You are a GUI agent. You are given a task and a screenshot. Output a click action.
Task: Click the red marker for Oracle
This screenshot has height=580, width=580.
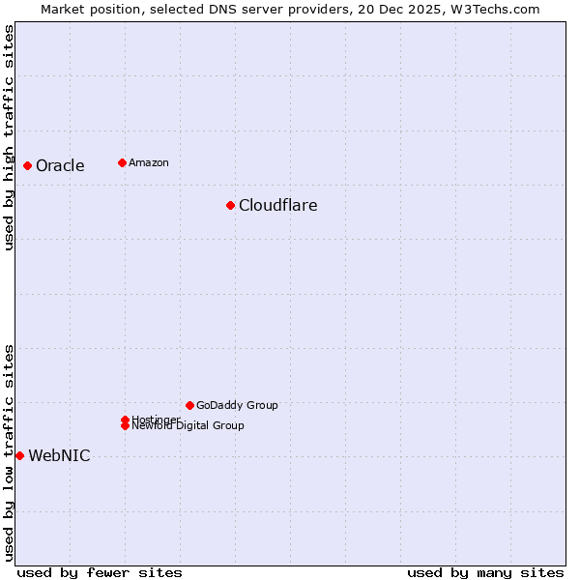(x=27, y=165)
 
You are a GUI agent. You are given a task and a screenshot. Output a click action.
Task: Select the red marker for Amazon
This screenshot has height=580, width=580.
(x=122, y=162)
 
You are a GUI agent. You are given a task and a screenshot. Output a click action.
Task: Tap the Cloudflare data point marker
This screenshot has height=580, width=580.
(x=230, y=205)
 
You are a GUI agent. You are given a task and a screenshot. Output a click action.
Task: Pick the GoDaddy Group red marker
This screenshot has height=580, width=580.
(x=189, y=405)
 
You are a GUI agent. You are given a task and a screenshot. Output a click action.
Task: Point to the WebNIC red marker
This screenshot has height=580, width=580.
(x=19, y=455)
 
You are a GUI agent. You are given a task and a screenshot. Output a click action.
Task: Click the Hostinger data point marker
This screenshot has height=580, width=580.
(x=126, y=420)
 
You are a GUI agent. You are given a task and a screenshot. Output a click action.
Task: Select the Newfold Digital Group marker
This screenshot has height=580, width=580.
(x=126, y=425)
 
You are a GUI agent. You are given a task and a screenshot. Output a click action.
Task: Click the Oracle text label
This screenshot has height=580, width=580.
(x=60, y=166)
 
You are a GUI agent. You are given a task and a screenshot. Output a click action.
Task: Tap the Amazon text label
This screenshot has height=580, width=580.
(x=148, y=162)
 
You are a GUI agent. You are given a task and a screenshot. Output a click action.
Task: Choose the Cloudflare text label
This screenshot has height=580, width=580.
(x=277, y=206)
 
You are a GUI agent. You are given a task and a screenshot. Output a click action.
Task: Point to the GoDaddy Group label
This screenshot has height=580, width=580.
(x=237, y=405)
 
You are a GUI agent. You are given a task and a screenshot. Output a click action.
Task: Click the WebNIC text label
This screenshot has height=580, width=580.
(x=59, y=456)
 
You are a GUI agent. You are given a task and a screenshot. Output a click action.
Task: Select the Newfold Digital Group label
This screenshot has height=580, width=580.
(x=188, y=426)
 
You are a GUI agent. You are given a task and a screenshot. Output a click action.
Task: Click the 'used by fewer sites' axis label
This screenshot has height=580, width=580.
(x=100, y=572)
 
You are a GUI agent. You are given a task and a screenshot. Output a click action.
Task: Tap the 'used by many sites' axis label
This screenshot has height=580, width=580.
(x=485, y=572)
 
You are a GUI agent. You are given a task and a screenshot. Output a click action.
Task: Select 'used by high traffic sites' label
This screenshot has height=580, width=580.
(x=9, y=137)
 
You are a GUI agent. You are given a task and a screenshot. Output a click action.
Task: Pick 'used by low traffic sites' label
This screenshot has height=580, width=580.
(x=9, y=452)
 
